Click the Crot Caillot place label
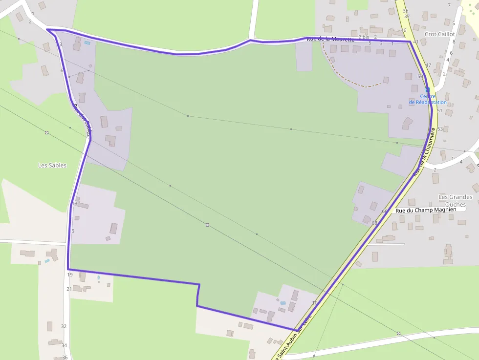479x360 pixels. [x=440, y=34]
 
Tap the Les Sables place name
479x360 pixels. [x=52, y=166]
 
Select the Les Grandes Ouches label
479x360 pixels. [x=456, y=201]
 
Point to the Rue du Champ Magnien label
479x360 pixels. [x=426, y=210]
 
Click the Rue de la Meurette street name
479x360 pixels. [x=330, y=39]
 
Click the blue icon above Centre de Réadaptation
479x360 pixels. [x=428, y=90]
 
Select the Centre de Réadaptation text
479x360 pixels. [x=428, y=99]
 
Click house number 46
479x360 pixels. [x=403, y=30]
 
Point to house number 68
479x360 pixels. [x=374, y=223]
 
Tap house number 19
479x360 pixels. [x=70, y=275]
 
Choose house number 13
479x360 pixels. [x=75, y=204]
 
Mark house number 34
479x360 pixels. [x=64, y=345]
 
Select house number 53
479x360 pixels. [x=440, y=129]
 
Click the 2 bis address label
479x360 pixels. [x=364, y=37]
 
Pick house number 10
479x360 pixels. [x=314, y=303]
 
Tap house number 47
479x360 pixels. [x=428, y=65]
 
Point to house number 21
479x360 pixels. [x=69, y=289]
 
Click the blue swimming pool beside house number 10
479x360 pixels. [x=283, y=303]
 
